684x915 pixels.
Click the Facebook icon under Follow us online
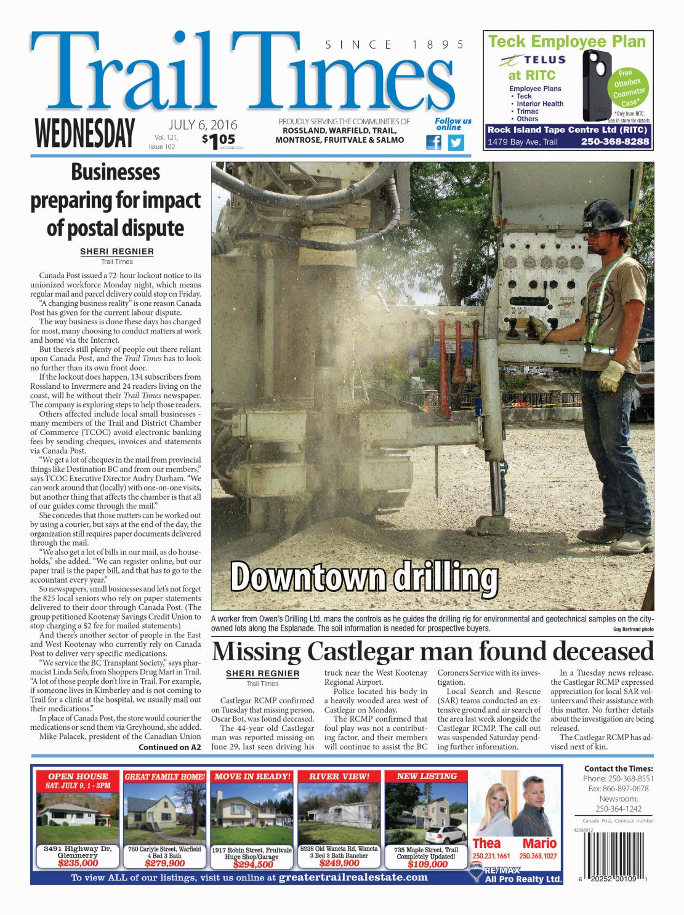pos(434,143)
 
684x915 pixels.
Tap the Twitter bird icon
pos(456,143)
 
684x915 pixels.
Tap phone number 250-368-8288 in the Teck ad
pos(614,142)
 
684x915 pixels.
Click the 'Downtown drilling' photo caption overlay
pos(364,577)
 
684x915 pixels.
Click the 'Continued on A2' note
pos(170,748)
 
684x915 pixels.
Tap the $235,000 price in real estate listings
pos(78,863)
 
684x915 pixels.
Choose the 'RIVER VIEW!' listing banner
pos(339,777)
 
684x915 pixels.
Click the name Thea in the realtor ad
pos(486,844)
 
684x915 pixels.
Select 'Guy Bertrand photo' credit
pos(633,629)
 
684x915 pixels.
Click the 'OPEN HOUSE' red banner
pos(78,777)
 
